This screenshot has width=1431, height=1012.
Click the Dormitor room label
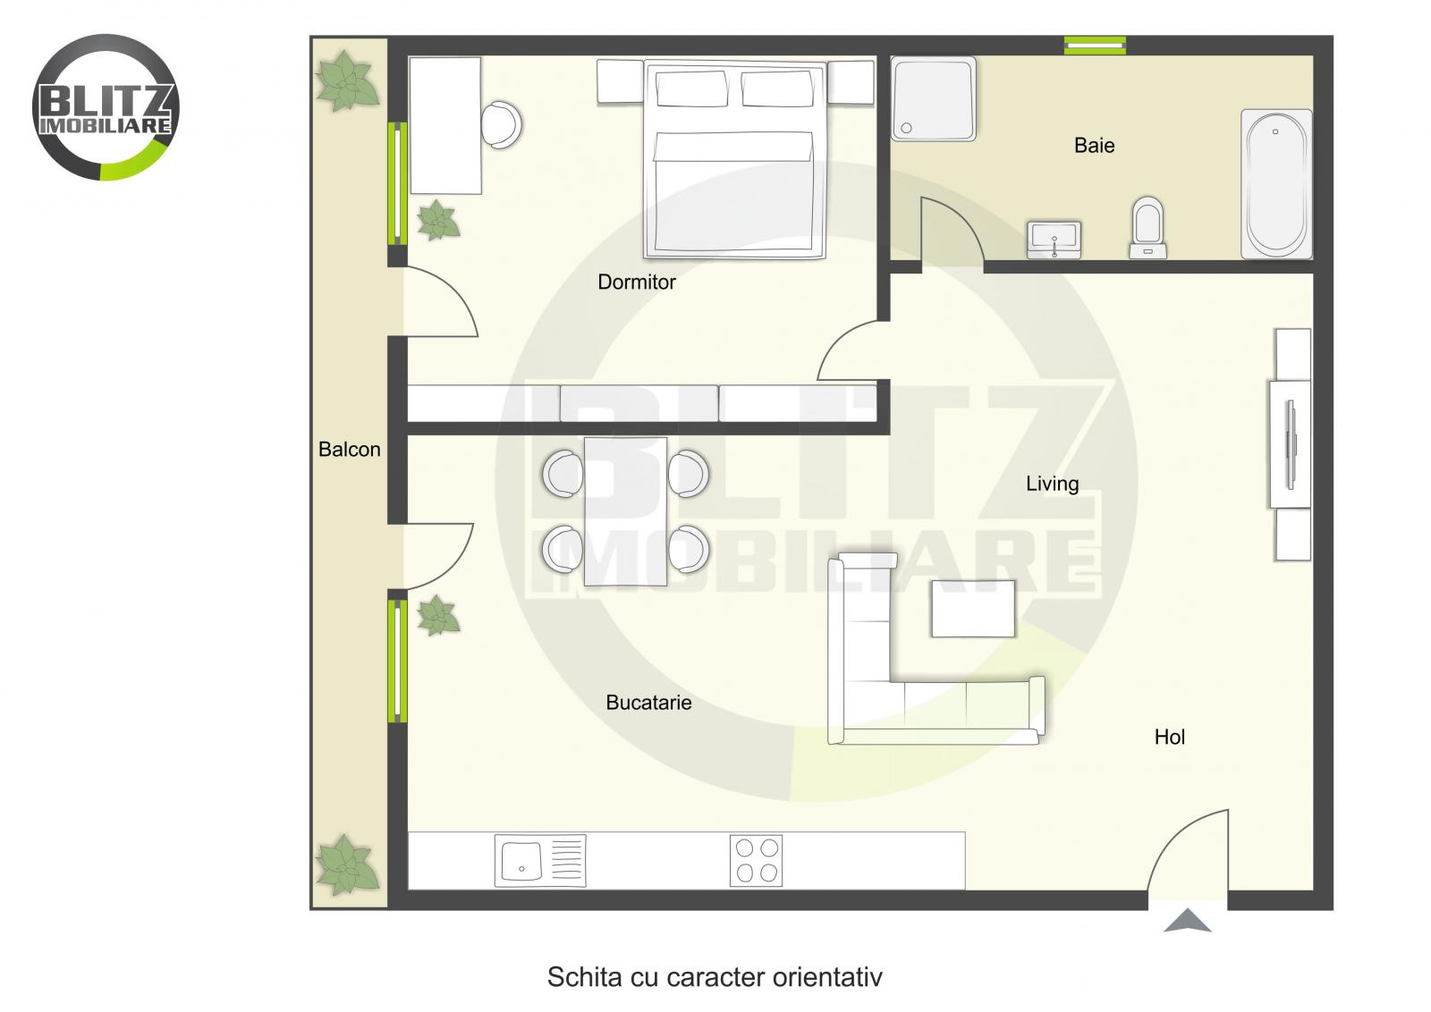[636, 283]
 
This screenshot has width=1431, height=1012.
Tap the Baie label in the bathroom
[1094, 146]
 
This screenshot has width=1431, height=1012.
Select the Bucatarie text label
[648, 703]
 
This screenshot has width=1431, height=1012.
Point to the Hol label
[1169, 738]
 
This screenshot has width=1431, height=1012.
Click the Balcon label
[349, 450]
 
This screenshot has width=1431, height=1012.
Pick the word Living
[1052, 484]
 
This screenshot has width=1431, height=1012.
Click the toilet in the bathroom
[1147, 227]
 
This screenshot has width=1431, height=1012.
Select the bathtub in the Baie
[1275, 184]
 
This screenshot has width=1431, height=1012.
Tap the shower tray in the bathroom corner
[933, 98]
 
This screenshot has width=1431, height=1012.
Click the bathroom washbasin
[1054, 239]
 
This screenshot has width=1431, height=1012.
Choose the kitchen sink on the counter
[539, 861]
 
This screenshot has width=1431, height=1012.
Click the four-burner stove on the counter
[756, 861]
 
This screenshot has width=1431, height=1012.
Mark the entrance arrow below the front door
[1187, 921]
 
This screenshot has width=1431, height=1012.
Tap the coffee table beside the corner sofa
[973, 609]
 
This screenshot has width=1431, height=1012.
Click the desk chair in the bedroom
[501, 125]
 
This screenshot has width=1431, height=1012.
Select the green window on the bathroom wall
[1095, 45]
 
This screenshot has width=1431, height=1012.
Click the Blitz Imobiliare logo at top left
[106, 107]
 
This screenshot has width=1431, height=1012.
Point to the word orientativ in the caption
[827, 977]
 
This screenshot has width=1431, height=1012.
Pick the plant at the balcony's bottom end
[347, 864]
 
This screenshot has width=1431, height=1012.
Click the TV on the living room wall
[1290, 444]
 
